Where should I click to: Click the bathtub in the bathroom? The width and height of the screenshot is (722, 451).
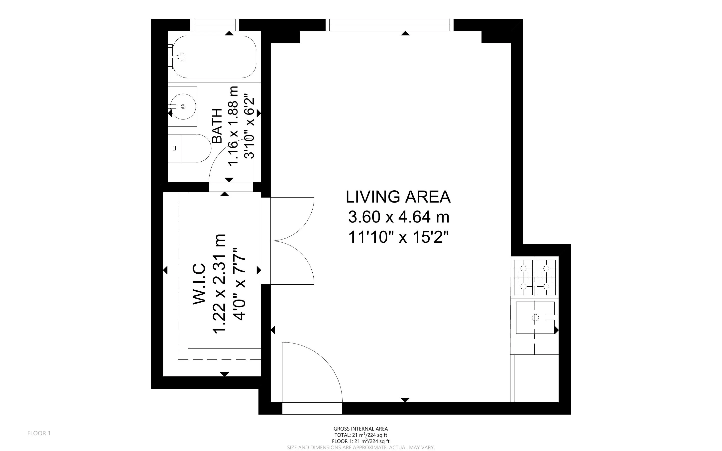pyautogui.click(x=214, y=57)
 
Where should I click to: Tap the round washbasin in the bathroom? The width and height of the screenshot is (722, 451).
pyautogui.click(x=183, y=107)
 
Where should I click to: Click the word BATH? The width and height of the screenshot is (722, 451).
pyautogui.click(x=217, y=126)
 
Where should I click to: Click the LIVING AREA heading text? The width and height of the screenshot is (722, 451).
pyautogui.click(x=398, y=197)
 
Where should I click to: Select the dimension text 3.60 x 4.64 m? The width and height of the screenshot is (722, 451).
pyautogui.click(x=398, y=217)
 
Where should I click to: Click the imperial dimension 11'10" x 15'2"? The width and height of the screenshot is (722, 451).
pyautogui.click(x=398, y=237)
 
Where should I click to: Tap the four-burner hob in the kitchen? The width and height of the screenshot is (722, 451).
pyautogui.click(x=535, y=277)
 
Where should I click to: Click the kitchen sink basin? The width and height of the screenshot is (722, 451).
pyautogui.click(x=535, y=318)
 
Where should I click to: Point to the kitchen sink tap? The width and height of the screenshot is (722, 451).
pyautogui.click(x=551, y=318)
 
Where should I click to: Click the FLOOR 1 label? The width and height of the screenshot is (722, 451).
pyautogui.click(x=39, y=433)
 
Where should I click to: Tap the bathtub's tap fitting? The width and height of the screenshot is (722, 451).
pyautogui.click(x=180, y=56)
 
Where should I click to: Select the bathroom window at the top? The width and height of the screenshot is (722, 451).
pyautogui.click(x=215, y=25)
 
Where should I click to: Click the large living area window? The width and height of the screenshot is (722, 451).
pyautogui.click(x=389, y=25)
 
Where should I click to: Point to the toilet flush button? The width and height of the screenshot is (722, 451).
pyautogui.click(x=174, y=148)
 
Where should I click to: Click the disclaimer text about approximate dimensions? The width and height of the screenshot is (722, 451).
pyautogui.click(x=361, y=448)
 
